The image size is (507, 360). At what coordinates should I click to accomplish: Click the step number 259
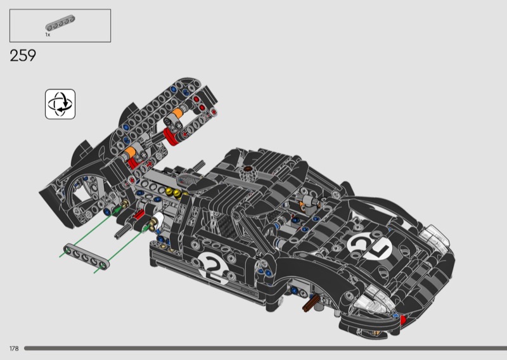point(23,56)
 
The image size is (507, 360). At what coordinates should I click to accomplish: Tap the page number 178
point(14,349)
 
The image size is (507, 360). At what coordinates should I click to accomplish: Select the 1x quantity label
point(48,35)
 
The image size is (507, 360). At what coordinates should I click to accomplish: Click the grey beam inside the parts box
point(60,23)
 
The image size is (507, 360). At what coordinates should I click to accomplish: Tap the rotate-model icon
point(60,104)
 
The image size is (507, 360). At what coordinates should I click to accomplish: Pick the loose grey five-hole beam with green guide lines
point(86,257)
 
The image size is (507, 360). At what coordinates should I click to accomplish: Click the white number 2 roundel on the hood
point(369,245)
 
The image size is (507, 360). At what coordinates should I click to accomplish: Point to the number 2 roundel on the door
point(214,267)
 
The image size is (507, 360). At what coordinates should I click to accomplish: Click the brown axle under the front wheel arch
point(311,303)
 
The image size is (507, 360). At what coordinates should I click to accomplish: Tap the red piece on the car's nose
point(403,320)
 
